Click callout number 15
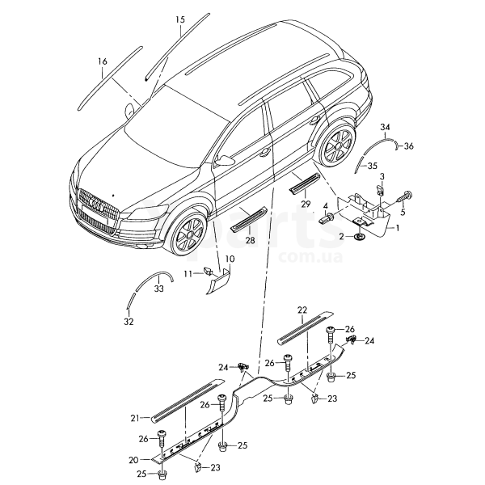click(x=179, y=19)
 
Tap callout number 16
click(x=102, y=61)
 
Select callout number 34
click(x=386, y=129)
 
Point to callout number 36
click(x=408, y=146)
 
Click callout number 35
click(x=372, y=166)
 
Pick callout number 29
click(x=306, y=205)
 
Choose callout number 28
click(x=250, y=241)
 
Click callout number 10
click(x=230, y=259)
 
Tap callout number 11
click(x=187, y=273)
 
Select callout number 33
click(x=159, y=288)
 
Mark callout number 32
click(x=127, y=321)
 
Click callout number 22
click(x=302, y=310)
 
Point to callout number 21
click(x=135, y=418)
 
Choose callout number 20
click(x=133, y=459)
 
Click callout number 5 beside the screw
click(x=403, y=212)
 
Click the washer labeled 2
click(x=359, y=236)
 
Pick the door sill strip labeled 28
click(x=249, y=218)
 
